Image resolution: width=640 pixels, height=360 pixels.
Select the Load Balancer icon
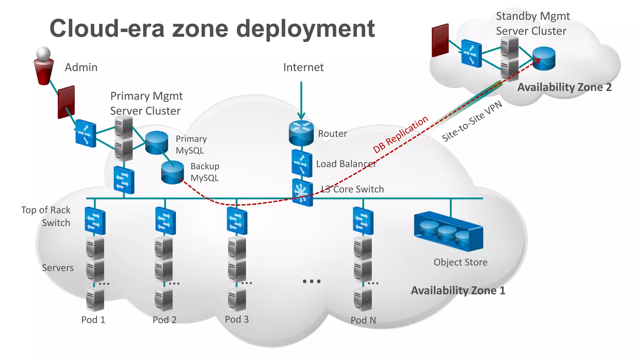(x=302, y=163)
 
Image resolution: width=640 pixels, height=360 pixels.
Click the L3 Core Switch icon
(x=302, y=192)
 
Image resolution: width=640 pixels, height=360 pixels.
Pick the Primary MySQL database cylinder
(x=157, y=142)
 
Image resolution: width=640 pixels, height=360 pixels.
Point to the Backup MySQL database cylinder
(x=172, y=172)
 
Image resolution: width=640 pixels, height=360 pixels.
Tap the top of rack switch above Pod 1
(x=95, y=221)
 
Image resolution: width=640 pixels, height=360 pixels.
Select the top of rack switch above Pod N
(x=363, y=221)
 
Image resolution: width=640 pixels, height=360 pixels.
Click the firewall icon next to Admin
(x=66, y=102)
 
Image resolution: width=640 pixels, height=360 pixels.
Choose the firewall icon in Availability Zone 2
(x=440, y=40)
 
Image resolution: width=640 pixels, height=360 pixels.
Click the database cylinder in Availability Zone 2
(x=544, y=58)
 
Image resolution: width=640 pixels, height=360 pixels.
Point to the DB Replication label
(x=401, y=134)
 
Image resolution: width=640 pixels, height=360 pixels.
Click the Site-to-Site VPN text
(x=472, y=121)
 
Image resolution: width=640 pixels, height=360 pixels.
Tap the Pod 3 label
(x=237, y=319)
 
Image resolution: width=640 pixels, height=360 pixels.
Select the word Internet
(x=303, y=67)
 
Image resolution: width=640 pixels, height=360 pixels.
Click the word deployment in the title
(x=305, y=29)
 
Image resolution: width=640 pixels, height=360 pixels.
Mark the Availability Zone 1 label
(x=458, y=291)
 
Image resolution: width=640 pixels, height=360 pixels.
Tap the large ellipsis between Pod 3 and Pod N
(x=312, y=281)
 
